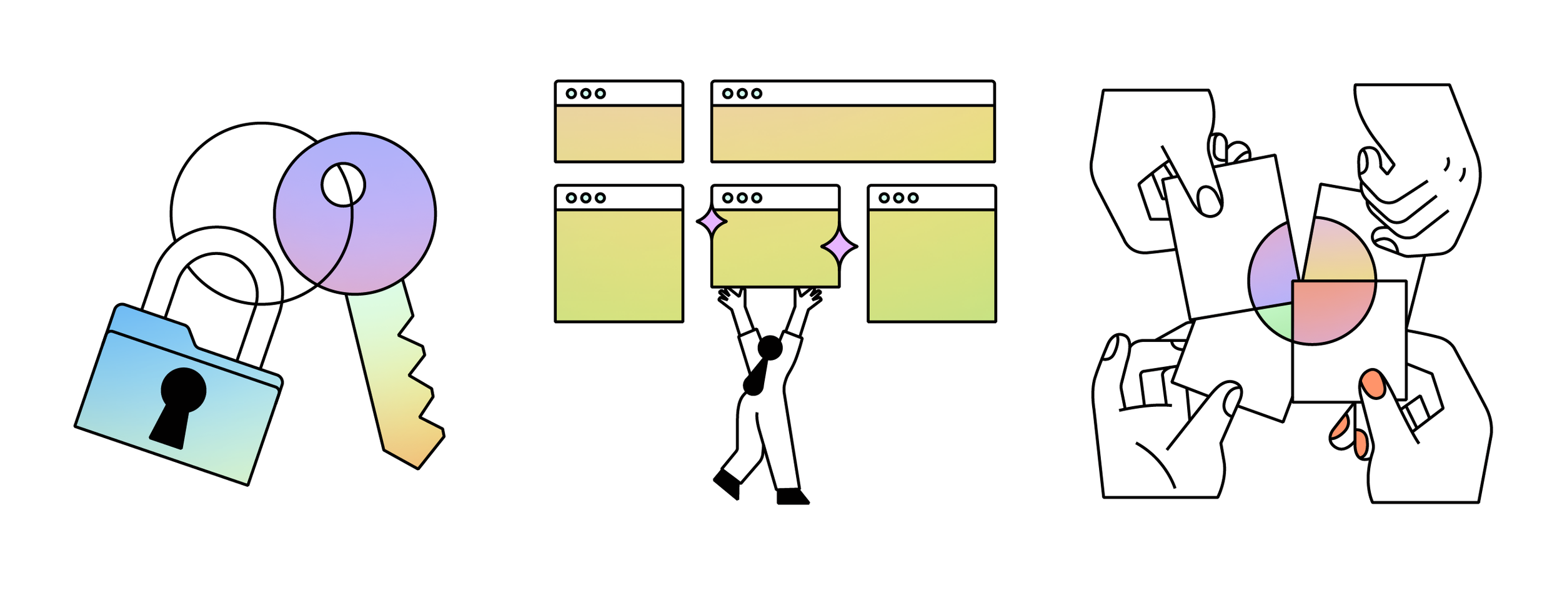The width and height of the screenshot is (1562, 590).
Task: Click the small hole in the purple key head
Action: pyautogui.click(x=343, y=184)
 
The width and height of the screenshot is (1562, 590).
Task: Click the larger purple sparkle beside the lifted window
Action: pyautogui.click(x=838, y=247)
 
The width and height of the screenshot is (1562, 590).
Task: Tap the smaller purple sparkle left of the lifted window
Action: pyautogui.click(x=712, y=221)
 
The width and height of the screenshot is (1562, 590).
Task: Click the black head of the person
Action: pyautogui.click(x=770, y=347)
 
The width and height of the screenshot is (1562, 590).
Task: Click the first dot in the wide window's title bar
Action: pyautogui.click(x=727, y=94)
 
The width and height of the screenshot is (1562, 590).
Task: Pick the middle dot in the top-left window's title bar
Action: pyautogui.click(x=585, y=94)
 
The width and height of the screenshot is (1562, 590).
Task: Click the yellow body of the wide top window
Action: pyautogui.click(x=853, y=134)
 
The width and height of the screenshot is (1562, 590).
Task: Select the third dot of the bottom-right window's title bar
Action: pyautogui.click(x=913, y=198)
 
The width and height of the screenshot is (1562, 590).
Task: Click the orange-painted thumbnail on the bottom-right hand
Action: pyautogui.click(x=1373, y=383)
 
